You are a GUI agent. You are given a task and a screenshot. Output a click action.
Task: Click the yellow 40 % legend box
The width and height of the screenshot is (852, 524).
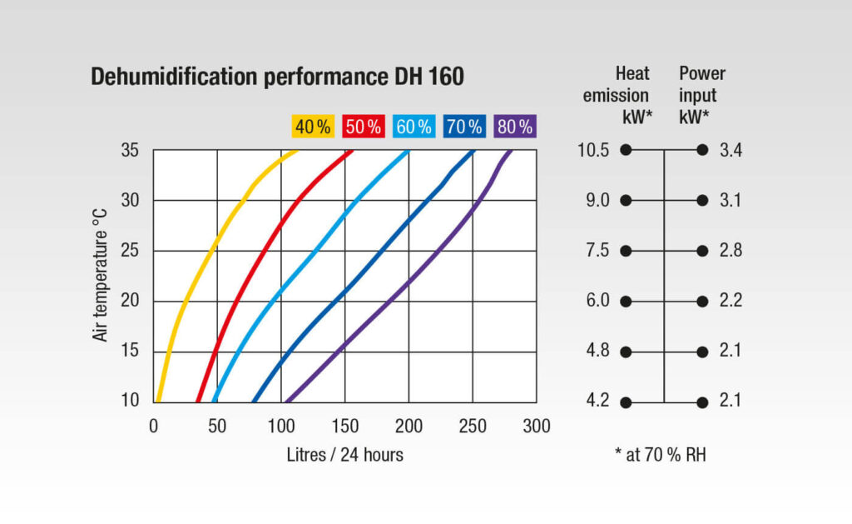(313, 127)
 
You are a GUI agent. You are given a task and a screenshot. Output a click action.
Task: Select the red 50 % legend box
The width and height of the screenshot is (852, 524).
(364, 127)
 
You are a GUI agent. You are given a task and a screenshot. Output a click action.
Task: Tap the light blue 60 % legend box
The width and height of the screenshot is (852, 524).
(414, 127)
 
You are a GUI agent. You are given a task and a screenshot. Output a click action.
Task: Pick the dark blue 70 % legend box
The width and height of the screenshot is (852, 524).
(464, 127)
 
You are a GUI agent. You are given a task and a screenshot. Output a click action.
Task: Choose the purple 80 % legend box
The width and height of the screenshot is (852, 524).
(515, 127)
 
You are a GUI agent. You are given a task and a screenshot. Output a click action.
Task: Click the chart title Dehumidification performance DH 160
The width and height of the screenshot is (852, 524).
(277, 76)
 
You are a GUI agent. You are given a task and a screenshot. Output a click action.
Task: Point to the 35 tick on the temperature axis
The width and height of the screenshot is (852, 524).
(130, 150)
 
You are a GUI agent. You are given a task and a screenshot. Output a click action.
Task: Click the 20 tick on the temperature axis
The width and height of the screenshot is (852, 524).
(130, 301)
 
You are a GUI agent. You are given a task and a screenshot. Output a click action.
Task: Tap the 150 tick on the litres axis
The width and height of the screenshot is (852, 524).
(344, 426)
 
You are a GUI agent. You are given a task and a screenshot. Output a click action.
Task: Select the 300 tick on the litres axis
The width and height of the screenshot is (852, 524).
(537, 426)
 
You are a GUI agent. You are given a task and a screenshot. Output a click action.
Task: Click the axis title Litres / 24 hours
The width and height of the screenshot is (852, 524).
(345, 455)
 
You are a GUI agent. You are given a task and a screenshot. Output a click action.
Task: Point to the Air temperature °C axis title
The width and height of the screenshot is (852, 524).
(100, 276)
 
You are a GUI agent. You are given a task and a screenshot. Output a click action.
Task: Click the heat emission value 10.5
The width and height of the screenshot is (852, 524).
(593, 150)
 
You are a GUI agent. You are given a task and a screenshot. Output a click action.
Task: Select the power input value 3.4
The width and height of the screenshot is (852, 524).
(731, 150)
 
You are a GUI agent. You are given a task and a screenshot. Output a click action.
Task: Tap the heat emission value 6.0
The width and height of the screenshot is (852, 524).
(597, 301)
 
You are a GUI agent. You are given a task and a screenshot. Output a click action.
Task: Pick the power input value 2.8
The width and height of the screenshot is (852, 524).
(731, 250)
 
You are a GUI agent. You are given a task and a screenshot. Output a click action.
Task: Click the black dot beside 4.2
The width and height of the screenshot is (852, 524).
(626, 402)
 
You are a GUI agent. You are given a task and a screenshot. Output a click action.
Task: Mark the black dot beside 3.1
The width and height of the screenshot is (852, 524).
(702, 200)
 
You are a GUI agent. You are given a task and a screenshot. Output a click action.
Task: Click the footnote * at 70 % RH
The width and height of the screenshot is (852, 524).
(660, 455)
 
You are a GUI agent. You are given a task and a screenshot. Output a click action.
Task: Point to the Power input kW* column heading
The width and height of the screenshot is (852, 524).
(702, 95)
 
